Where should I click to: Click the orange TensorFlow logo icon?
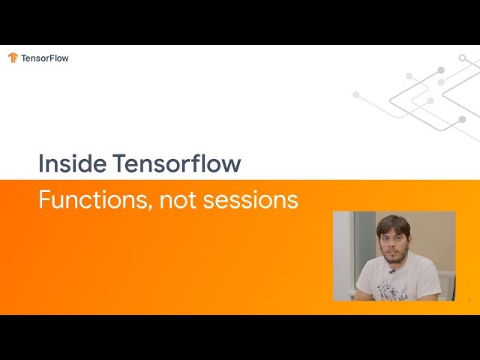(x=13, y=58)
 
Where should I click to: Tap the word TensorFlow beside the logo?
(x=45, y=58)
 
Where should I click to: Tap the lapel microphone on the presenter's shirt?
(x=391, y=272)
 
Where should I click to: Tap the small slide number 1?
(x=469, y=299)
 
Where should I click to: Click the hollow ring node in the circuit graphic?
(x=462, y=58)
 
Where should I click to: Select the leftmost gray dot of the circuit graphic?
(x=355, y=94)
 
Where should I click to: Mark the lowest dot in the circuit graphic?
(x=462, y=119)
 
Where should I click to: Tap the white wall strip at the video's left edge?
(x=342, y=255)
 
